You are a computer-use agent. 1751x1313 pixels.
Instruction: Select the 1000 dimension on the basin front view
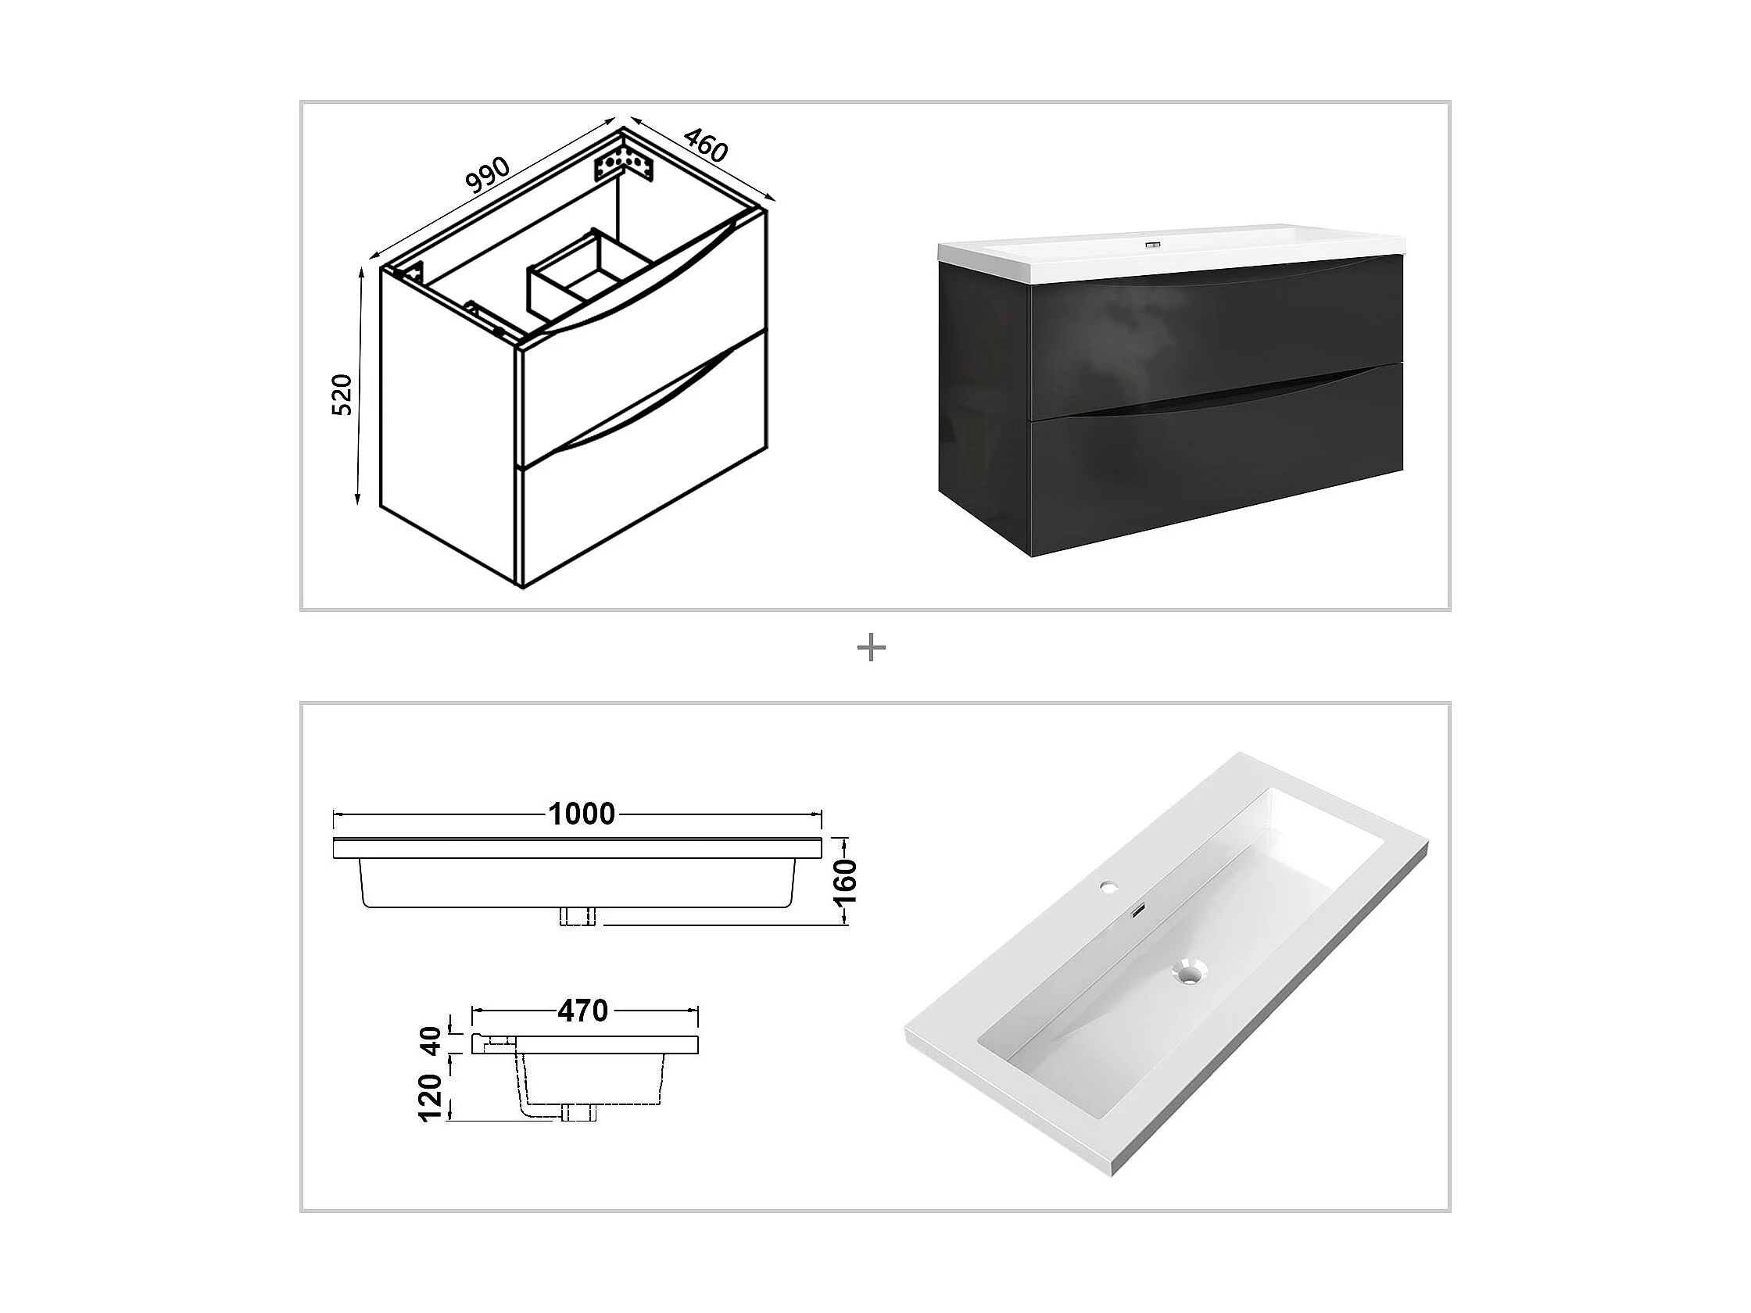point(582,814)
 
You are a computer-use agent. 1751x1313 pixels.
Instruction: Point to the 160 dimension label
point(846,881)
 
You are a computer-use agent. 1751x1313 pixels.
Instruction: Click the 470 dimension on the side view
point(582,1011)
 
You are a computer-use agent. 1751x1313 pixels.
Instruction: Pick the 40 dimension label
point(431,1040)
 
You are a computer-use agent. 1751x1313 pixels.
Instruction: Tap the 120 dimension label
point(431,1097)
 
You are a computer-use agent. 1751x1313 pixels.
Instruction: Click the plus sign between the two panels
point(872,649)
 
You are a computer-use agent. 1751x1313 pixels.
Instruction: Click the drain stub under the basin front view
point(578,916)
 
